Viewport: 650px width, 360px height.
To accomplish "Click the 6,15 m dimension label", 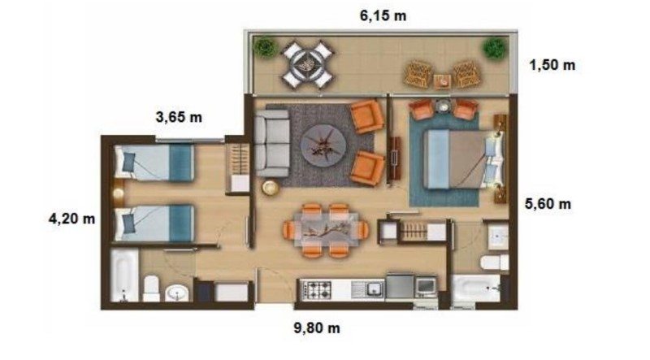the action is (383, 15).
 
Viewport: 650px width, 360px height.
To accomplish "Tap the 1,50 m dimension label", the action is (552, 65).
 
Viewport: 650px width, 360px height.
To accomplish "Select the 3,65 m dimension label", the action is (179, 117).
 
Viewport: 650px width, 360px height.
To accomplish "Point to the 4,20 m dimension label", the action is (71, 218).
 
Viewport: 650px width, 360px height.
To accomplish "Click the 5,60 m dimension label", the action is (548, 204).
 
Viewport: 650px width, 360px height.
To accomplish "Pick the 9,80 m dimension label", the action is (317, 328).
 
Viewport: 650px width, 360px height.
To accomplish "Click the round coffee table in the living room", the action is (323, 145).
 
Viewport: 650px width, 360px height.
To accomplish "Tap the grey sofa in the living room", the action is (272, 143).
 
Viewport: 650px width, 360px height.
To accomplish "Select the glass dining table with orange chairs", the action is (327, 230).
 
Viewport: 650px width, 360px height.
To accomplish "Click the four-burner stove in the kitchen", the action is (317, 289).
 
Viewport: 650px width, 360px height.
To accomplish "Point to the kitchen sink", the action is (368, 288).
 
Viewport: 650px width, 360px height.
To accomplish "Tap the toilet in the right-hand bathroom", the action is (495, 262).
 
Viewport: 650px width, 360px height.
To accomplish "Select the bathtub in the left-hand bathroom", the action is (124, 275).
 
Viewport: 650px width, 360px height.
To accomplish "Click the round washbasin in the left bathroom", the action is (177, 293).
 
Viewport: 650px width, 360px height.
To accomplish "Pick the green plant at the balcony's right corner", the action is (495, 48).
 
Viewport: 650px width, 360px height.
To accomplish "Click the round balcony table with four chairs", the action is (307, 64).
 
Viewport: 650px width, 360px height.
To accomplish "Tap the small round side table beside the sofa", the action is (271, 188).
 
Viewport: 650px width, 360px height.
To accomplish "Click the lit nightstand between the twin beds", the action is (118, 193).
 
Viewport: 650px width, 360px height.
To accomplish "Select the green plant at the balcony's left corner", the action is (265, 47).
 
